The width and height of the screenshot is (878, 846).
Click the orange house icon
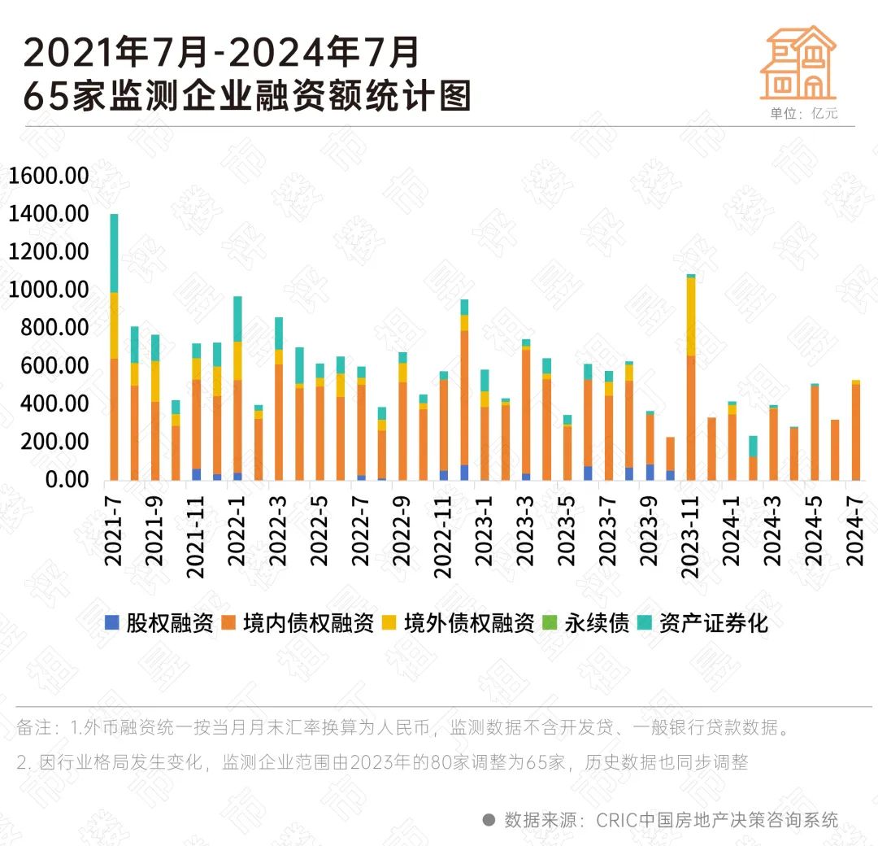(x=798, y=63)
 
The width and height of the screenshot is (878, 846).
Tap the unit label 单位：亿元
(x=803, y=114)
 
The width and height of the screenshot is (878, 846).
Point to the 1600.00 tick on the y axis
(x=48, y=176)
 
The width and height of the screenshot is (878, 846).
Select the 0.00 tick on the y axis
(x=65, y=479)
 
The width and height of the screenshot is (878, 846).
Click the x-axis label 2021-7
(x=114, y=529)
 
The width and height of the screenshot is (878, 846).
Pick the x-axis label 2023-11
(x=691, y=541)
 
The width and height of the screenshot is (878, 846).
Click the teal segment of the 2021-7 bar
(x=114, y=252)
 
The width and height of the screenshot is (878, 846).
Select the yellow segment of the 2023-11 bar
(x=691, y=316)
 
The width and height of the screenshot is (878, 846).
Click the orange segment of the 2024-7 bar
(x=856, y=431)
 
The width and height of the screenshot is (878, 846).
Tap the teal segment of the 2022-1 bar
(x=237, y=319)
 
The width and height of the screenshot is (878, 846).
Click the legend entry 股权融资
(x=159, y=623)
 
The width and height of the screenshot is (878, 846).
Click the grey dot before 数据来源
(x=489, y=819)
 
